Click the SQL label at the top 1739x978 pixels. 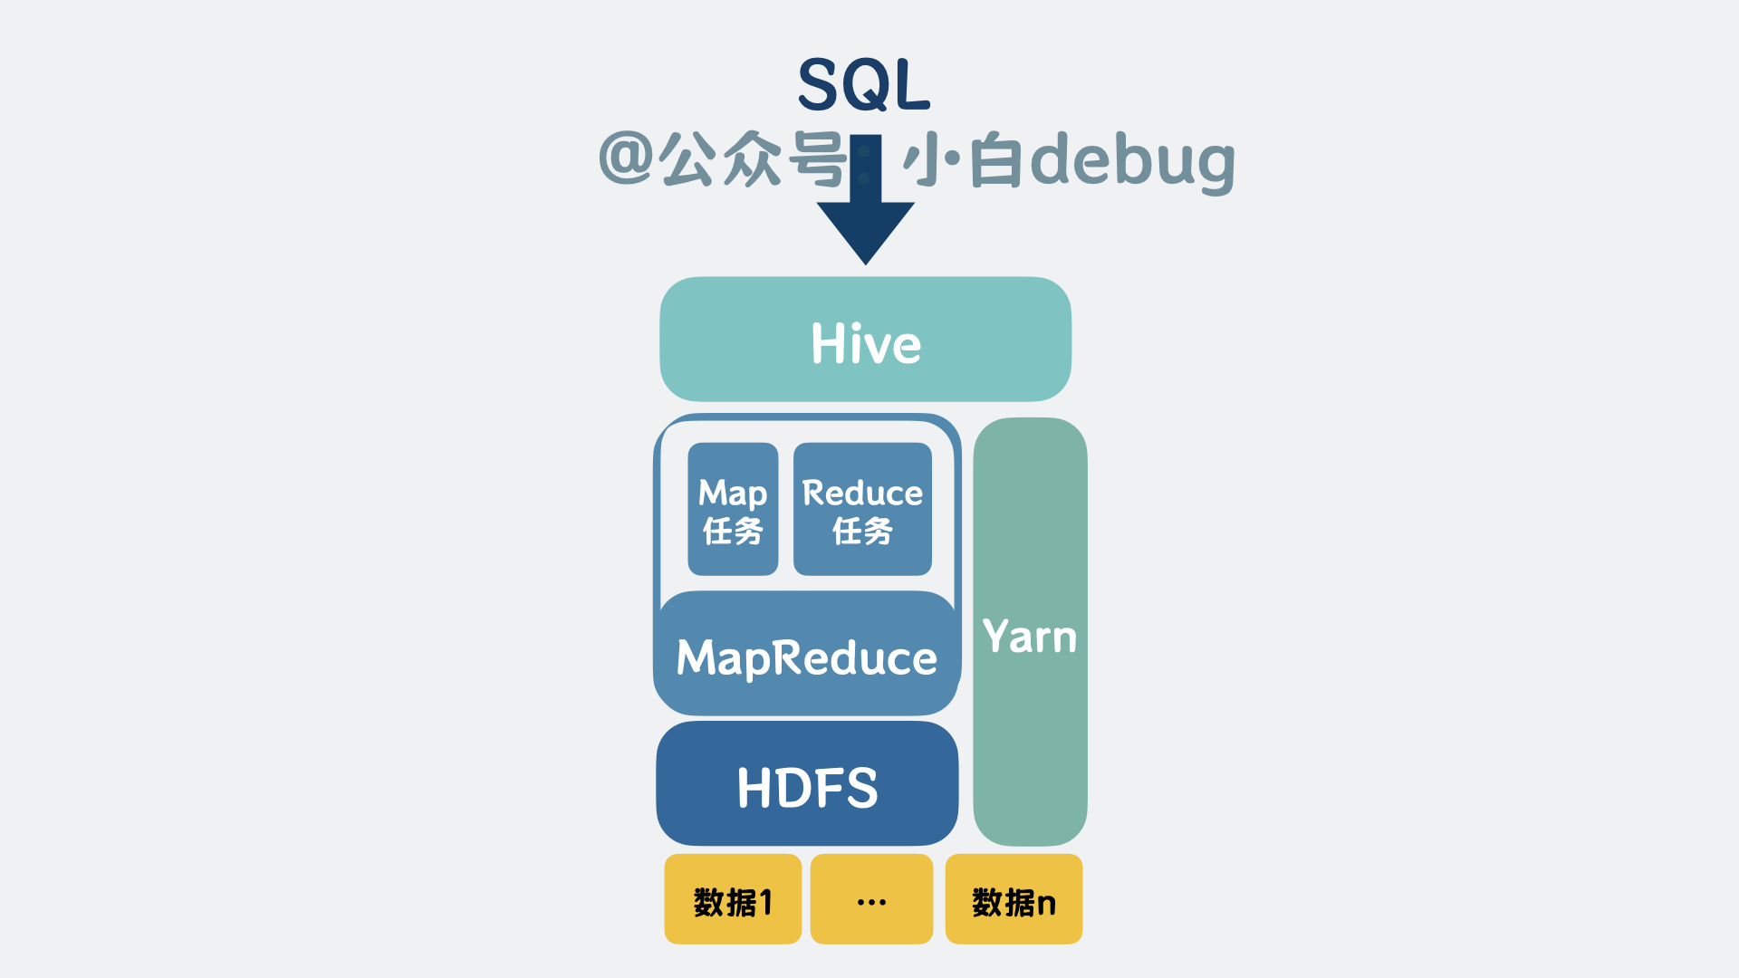864,85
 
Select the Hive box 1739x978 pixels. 866,340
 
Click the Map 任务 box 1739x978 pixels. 733,509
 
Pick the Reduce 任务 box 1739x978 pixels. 862,509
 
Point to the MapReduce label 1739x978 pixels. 807,658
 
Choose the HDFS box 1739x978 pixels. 807,783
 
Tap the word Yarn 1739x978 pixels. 1030,637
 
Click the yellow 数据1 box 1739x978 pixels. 733,899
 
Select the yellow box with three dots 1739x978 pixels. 871,899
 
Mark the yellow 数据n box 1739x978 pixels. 1014,899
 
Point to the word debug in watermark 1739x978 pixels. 1133,161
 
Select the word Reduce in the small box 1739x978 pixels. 862,494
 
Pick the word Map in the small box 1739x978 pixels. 733,494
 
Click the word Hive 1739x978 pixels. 866,344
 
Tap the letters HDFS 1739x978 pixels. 807,788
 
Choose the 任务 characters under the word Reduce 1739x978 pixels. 862,531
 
